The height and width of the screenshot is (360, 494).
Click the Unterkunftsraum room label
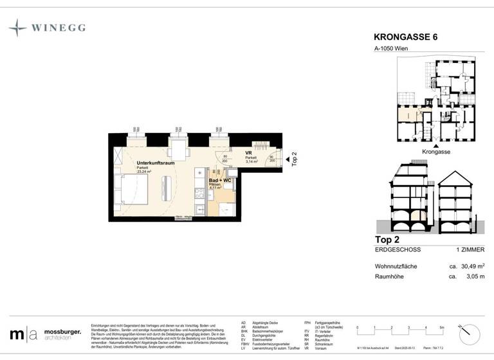(156, 163)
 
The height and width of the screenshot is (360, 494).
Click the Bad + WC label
(220, 181)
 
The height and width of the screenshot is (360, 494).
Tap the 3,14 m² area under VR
(252, 161)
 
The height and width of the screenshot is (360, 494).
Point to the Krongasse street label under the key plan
(436, 152)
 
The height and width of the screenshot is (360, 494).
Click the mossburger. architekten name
(62, 335)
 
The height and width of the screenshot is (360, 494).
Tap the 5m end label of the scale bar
(441, 328)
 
